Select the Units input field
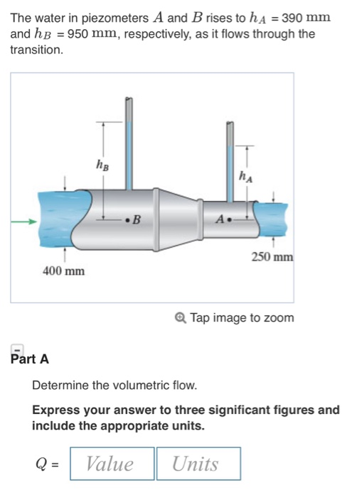(198, 464)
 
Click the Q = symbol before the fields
(49, 464)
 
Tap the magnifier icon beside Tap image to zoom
(180, 318)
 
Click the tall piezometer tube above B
(128, 142)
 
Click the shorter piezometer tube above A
(230, 156)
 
